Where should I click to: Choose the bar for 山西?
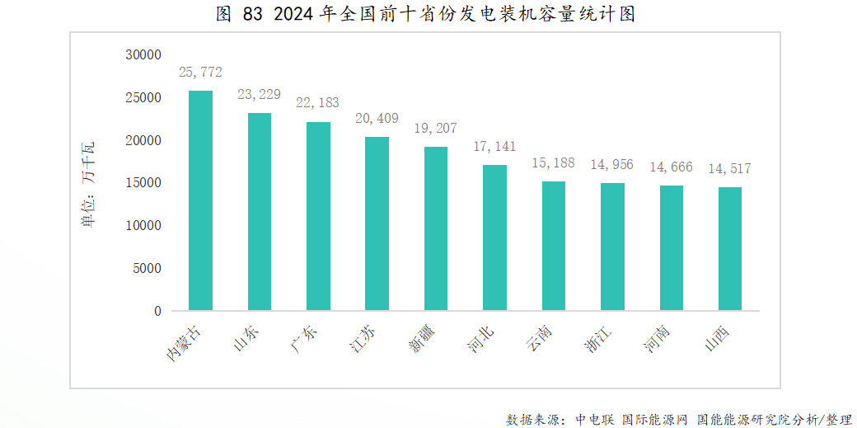click(730, 249)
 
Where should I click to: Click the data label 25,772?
click(201, 73)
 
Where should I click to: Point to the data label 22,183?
click(318, 103)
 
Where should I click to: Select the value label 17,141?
click(494, 146)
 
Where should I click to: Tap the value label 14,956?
click(612, 164)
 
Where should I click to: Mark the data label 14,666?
click(671, 167)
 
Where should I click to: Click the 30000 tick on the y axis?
click(143, 55)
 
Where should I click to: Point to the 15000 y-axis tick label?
click(143, 183)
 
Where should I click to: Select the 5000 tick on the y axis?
click(146, 268)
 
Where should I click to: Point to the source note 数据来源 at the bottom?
click(679, 419)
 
